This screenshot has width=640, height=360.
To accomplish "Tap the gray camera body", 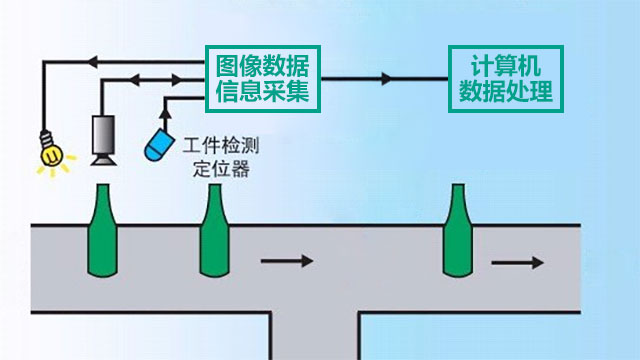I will click(x=104, y=133).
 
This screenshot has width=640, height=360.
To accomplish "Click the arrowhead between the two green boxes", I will click(x=384, y=77).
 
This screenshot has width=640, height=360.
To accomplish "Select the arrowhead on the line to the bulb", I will click(x=92, y=62).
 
